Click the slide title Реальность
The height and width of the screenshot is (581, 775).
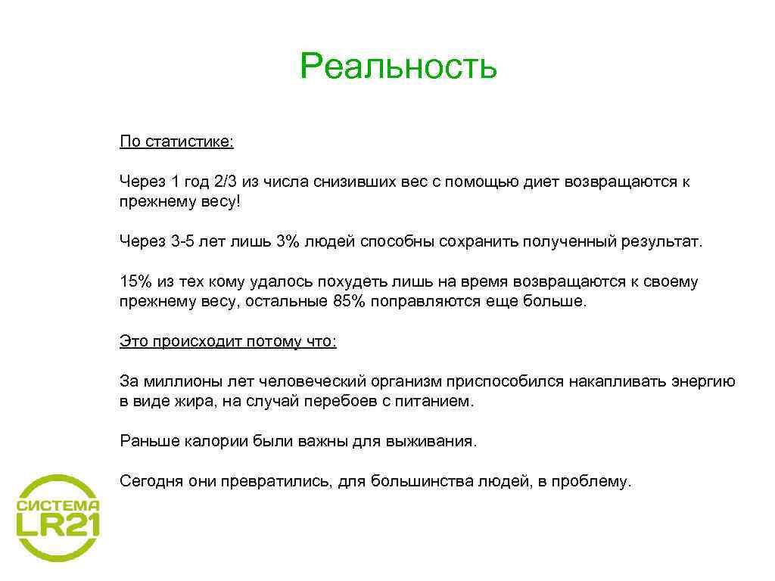[x=398, y=67]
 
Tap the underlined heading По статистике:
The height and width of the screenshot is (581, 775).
[x=176, y=142]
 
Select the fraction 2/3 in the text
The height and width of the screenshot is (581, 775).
[x=225, y=182]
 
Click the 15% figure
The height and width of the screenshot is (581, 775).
[x=135, y=281]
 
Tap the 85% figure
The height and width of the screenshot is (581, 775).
[x=350, y=301]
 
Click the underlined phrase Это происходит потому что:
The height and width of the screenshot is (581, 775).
[x=228, y=341]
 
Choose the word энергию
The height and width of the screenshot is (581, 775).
[x=703, y=381]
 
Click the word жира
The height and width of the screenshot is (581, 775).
[x=198, y=401]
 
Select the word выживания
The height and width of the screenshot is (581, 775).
[x=439, y=441]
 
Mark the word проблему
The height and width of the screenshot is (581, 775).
[x=596, y=481]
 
